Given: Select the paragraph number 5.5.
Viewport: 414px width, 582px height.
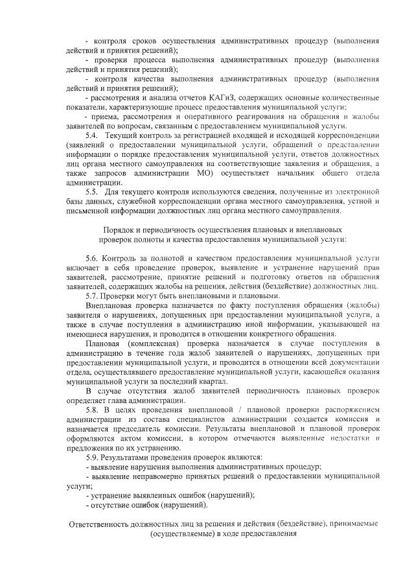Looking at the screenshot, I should tap(92, 192).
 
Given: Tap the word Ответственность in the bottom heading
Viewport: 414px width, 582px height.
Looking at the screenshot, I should tap(104, 524).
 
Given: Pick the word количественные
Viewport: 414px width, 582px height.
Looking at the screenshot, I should tap(349, 97).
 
